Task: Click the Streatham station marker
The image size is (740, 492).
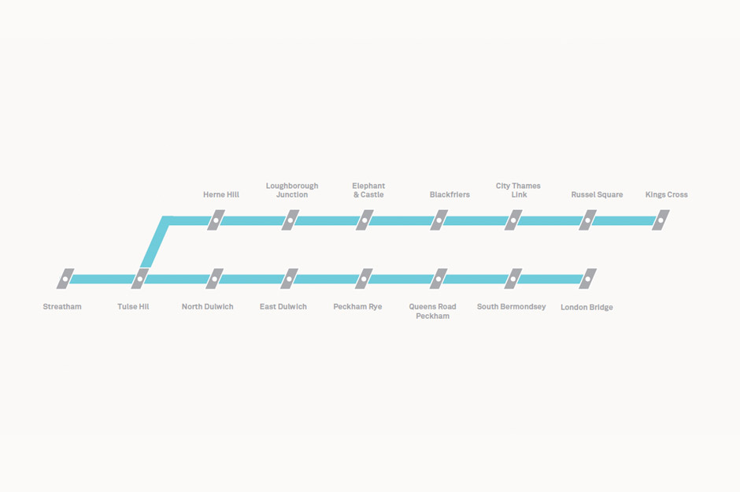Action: click(65, 279)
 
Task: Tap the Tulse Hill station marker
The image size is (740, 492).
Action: click(139, 279)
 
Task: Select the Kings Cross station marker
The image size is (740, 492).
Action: click(660, 220)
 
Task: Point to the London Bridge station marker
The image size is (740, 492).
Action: click(587, 279)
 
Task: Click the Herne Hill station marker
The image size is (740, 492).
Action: click(216, 220)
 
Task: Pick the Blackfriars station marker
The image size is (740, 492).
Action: click(439, 220)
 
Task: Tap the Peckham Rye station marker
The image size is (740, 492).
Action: click(364, 279)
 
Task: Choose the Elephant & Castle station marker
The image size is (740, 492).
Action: click(364, 220)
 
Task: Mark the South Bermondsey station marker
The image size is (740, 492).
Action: click(513, 279)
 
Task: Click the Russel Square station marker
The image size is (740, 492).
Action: click(587, 220)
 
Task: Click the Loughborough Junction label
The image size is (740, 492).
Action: click(292, 190)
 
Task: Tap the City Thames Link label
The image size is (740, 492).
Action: click(518, 190)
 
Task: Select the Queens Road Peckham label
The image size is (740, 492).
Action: click(432, 311)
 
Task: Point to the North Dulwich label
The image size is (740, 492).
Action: click(208, 307)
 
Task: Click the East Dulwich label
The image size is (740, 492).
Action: click(283, 307)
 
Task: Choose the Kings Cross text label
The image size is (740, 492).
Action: click(666, 194)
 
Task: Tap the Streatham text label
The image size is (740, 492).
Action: click(62, 307)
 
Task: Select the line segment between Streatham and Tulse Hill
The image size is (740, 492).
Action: click(102, 279)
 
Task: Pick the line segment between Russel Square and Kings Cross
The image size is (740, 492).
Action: click(624, 220)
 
